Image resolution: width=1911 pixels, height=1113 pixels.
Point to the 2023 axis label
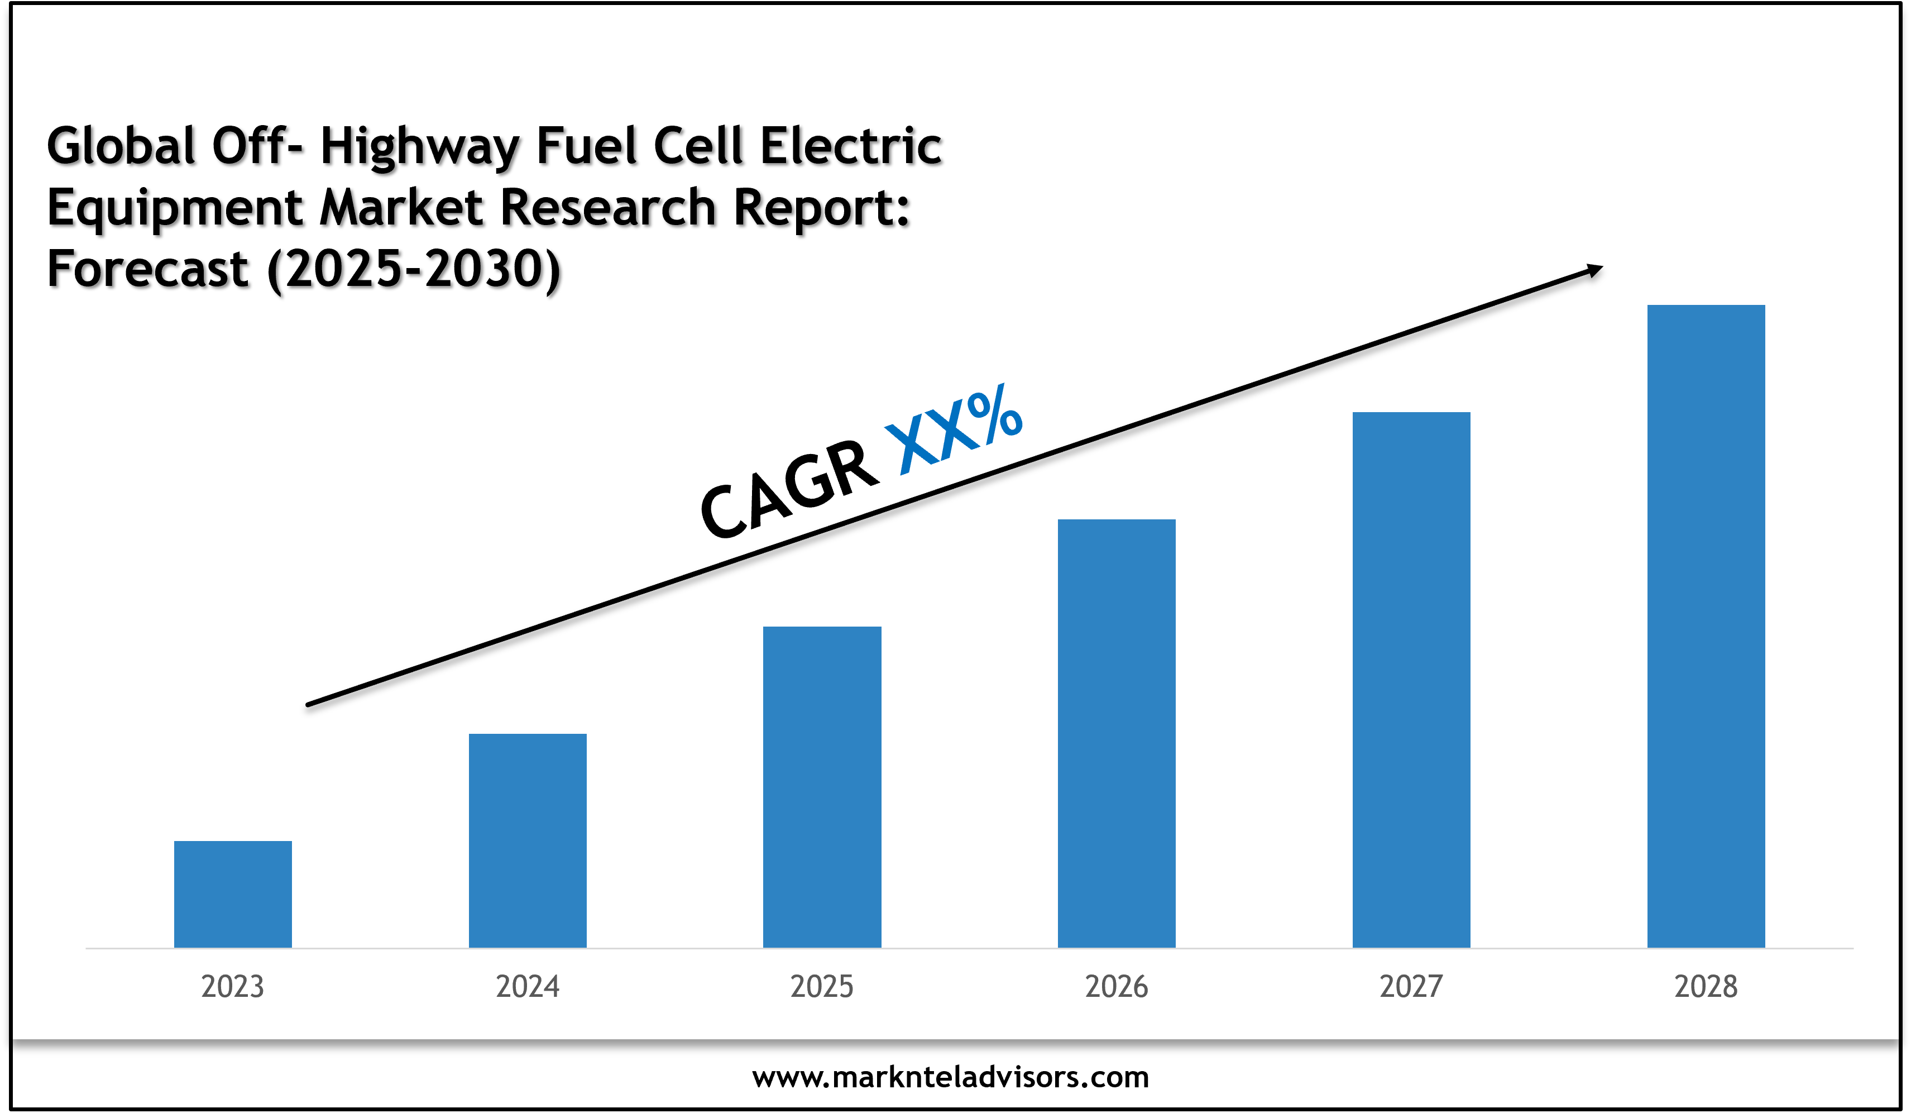coord(233,986)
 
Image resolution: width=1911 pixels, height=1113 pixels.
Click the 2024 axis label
coord(527,986)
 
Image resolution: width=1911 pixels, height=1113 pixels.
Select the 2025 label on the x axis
coord(822,986)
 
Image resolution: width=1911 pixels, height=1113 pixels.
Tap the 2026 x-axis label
coord(1116,986)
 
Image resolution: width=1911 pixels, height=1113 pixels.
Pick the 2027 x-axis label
coord(1411,986)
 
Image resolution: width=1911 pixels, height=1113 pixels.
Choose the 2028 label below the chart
coord(1706,986)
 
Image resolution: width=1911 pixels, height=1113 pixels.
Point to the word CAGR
coord(789,489)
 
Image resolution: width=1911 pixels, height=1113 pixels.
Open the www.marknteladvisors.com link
coord(950,1077)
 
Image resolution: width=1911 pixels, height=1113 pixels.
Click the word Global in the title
coord(121,146)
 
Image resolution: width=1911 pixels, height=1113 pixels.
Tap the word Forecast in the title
coord(148,269)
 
